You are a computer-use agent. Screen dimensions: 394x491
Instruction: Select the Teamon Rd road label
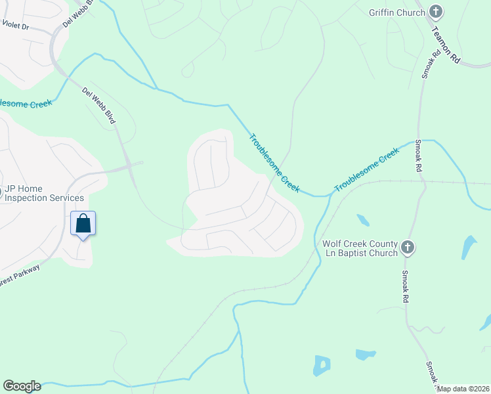tap(446, 42)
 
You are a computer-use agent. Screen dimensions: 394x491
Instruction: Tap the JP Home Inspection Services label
tap(45, 193)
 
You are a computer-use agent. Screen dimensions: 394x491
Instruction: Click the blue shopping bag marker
tap(83, 224)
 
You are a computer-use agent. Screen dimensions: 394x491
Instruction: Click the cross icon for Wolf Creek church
tap(407, 248)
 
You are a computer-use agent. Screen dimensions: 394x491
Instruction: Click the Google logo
tap(22, 386)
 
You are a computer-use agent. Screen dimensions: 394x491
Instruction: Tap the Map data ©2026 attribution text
tap(463, 389)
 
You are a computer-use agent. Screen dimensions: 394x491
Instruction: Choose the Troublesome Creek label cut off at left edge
tap(25, 104)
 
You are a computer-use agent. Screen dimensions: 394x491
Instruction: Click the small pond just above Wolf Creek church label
tap(362, 219)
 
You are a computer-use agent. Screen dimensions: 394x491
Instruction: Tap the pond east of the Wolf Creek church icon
tap(469, 246)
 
